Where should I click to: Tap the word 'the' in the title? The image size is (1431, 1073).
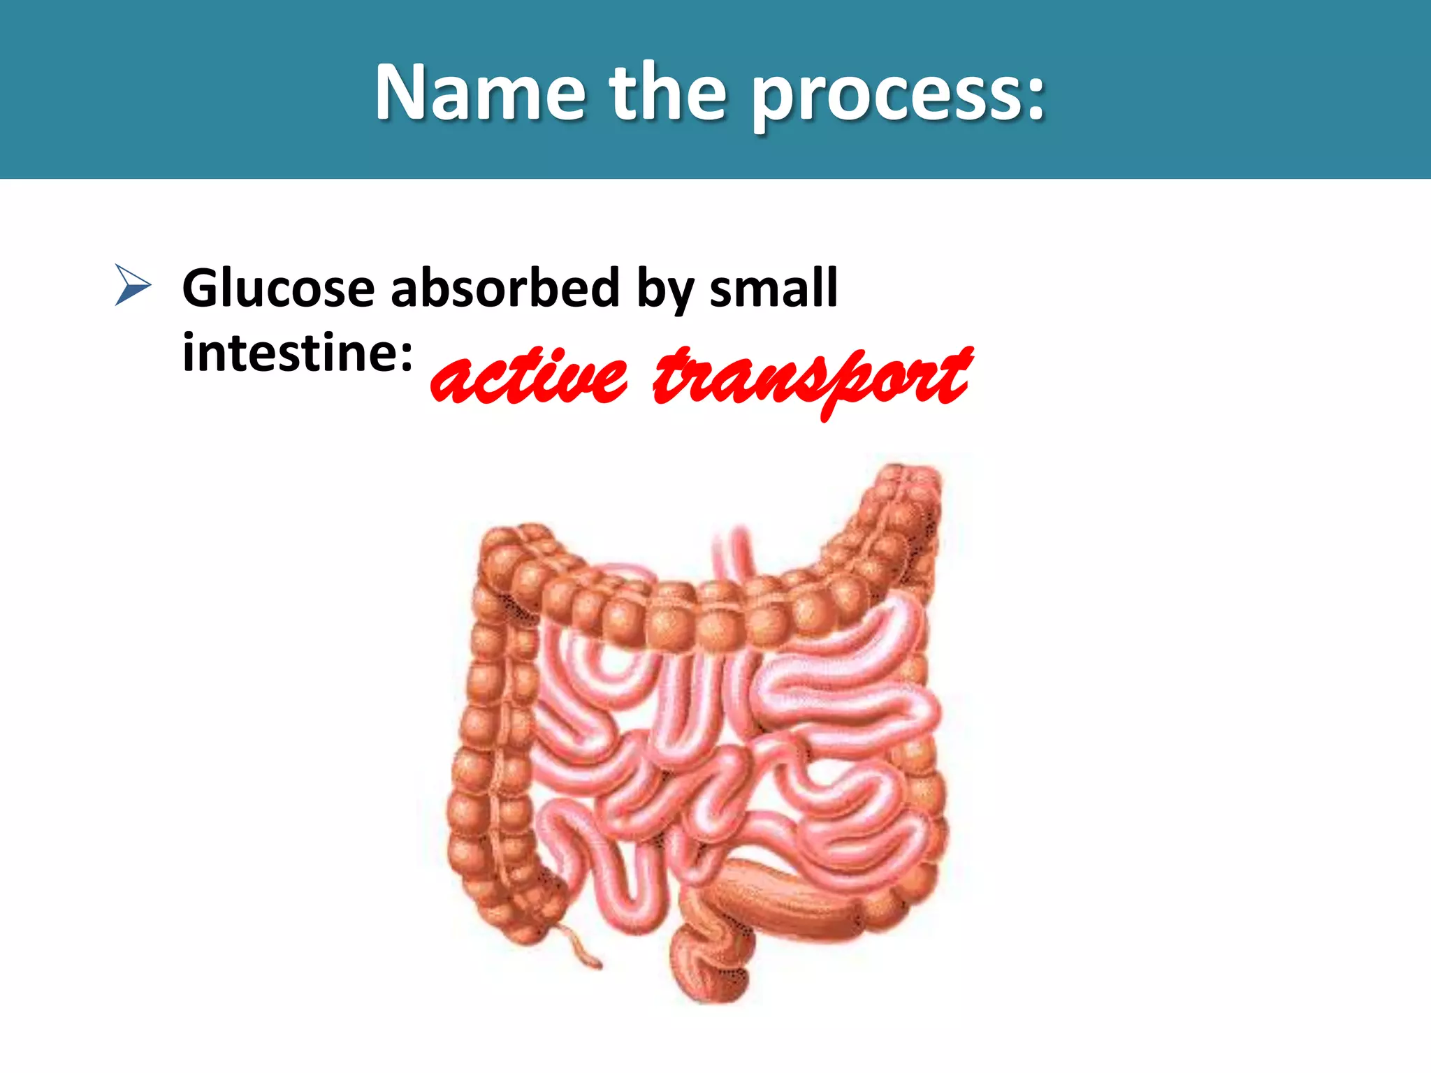click(x=668, y=92)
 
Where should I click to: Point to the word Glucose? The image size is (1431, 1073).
click(x=278, y=288)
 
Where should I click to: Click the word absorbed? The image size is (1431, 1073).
click(x=504, y=288)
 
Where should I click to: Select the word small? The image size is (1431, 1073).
click(x=773, y=288)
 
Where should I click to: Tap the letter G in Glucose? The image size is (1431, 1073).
click(x=201, y=288)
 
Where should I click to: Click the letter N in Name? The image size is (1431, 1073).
click(x=400, y=92)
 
